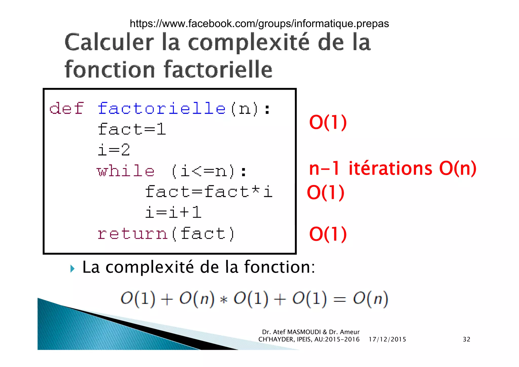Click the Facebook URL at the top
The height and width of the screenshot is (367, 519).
pyautogui.click(x=259, y=24)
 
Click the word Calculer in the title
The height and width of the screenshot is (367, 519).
pyautogui.click(x=109, y=42)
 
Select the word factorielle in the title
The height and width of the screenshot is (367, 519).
pyautogui.click(x=218, y=69)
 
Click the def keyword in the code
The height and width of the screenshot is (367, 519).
pyautogui.click(x=66, y=108)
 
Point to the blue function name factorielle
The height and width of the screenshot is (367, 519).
pyautogui.click(x=161, y=108)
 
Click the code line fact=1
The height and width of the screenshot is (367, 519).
pyautogui.click(x=132, y=129)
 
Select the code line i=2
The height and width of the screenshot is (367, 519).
pyautogui.click(x=114, y=150)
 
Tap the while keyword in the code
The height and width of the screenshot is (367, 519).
pyautogui.click(x=125, y=171)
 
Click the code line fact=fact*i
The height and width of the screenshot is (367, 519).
pyautogui.click(x=209, y=192)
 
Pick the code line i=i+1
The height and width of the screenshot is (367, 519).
pyautogui.click(x=173, y=212)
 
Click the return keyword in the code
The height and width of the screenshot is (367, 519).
pyautogui.click(x=132, y=233)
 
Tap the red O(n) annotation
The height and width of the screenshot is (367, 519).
pyautogui.click(x=458, y=168)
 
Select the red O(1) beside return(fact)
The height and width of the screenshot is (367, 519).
pyautogui.click(x=328, y=234)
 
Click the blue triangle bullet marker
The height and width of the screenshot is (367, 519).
pyautogui.click(x=72, y=268)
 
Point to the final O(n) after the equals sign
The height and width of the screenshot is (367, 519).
pyautogui.click(x=370, y=299)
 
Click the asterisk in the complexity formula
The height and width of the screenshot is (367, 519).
pyautogui.click(x=224, y=300)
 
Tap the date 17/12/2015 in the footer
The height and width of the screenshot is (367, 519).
pyautogui.click(x=387, y=339)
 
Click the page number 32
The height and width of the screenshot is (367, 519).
pyautogui.click(x=466, y=339)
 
